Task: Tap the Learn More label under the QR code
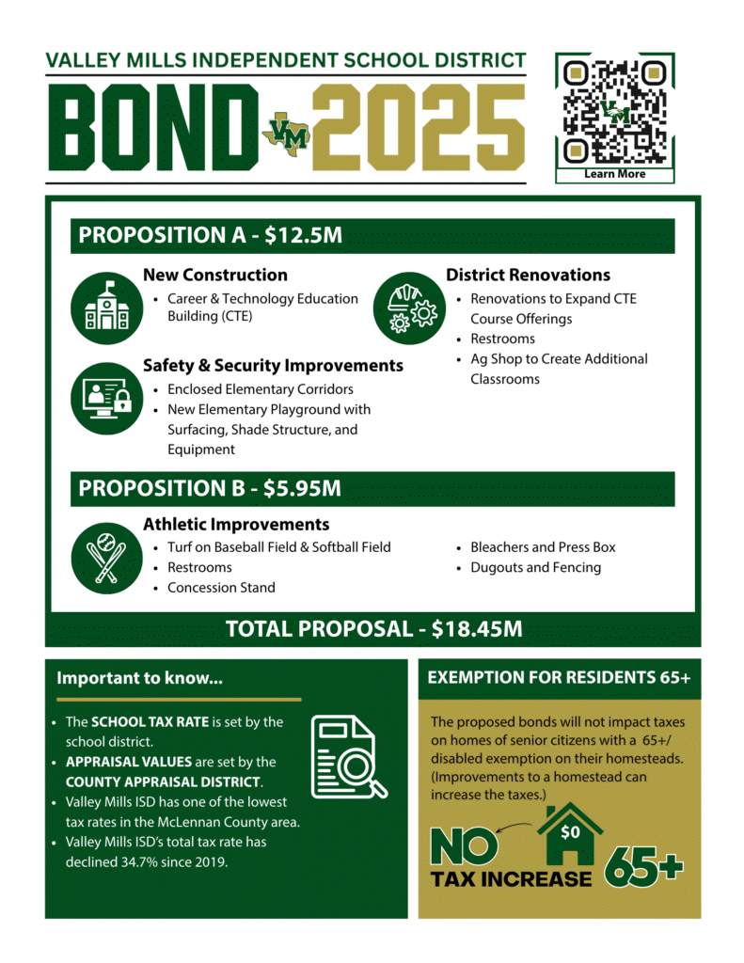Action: pos(615,174)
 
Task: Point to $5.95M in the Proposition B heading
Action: pos(303,488)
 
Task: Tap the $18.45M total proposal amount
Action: pos(477,629)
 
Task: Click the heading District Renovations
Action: pos(528,275)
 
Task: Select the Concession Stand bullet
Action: pos(221,588)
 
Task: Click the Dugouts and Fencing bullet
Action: pos(535,567)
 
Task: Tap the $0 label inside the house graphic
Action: pos(570,832)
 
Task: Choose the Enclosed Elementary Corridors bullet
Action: pos(261,389)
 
